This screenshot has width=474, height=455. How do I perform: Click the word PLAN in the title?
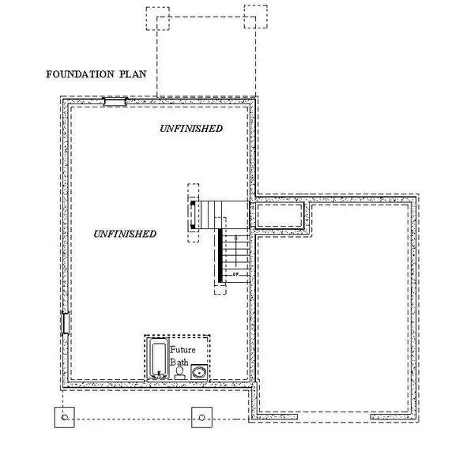131,76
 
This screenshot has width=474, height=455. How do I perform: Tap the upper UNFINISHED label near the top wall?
190,128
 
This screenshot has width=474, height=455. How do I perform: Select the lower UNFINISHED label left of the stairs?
124,234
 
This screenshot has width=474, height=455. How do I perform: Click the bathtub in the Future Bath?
159,360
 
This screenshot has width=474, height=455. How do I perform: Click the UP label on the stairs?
235,274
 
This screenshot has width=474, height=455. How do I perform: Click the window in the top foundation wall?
115,101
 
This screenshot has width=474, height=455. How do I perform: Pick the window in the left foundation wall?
65,323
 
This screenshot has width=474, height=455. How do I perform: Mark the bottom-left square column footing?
64,417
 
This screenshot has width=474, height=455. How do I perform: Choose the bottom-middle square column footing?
202,417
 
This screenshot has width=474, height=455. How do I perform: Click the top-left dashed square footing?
158,18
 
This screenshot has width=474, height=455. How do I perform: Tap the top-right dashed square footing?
256,17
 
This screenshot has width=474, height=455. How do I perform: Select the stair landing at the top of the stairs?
222,212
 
